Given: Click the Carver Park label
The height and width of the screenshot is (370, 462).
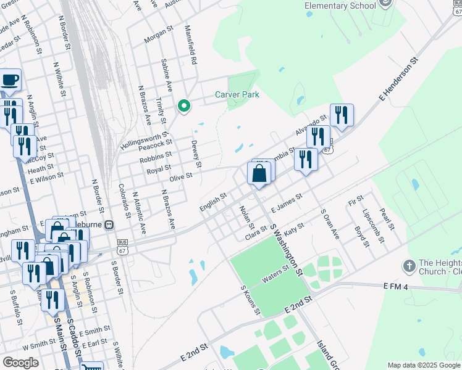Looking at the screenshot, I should click(x=237, y=94).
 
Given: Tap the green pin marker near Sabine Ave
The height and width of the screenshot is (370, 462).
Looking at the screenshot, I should click(x=183, y=107).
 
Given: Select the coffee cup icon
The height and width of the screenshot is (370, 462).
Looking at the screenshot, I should click(x=9, y=80).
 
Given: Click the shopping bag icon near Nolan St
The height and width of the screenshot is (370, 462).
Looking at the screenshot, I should click(x=259, y=174).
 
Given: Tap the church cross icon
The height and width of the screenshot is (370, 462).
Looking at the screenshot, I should click(x=408, y=266).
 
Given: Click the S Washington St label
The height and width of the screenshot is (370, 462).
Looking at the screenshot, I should click(x=286, y=249).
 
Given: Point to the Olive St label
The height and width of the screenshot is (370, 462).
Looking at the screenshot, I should click(x=181, y=176).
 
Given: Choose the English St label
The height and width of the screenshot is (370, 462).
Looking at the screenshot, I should click(x=214, y=202).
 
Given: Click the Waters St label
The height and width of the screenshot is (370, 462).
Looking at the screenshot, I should click(x=276, y=274).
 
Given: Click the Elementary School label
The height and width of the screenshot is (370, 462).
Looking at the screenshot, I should click(x=340, y=6).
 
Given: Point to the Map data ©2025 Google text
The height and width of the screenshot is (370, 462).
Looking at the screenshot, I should click(x=424, y=365).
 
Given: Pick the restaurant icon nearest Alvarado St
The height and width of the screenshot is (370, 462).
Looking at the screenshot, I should click(x=342, y=116).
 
